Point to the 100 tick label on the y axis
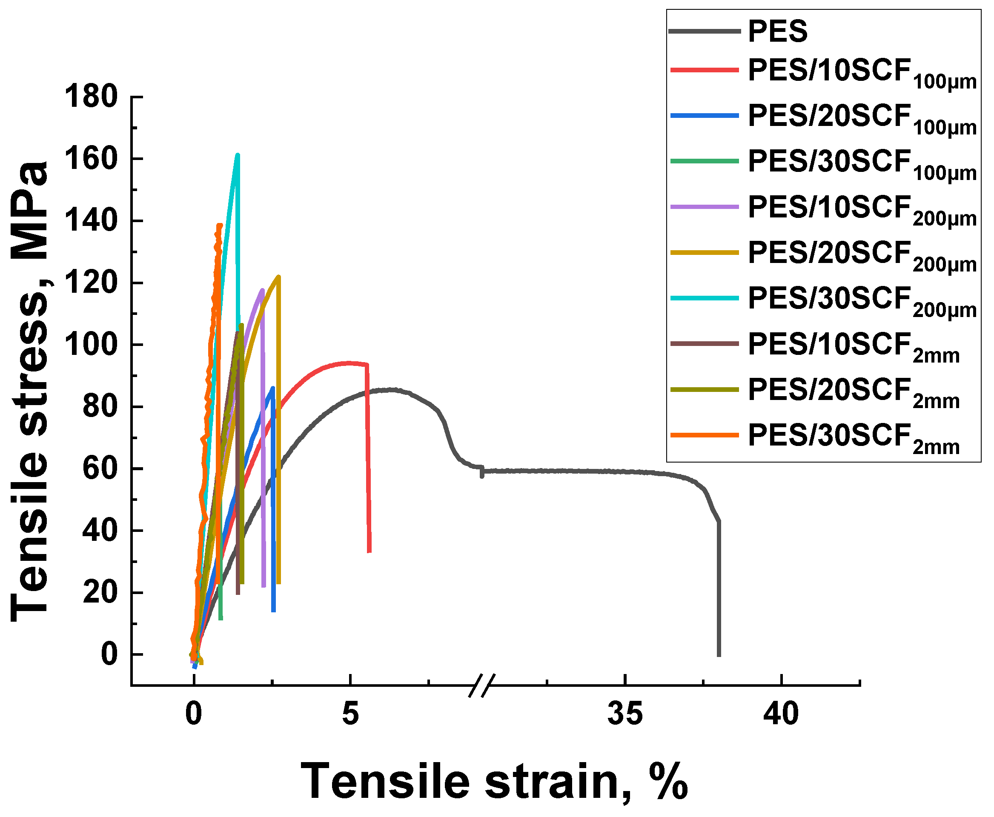click(91, 345)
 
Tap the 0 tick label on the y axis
click(109, 654)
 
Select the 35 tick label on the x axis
click(624, 714)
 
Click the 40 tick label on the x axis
click(781, 714)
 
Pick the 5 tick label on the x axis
click(350, 714)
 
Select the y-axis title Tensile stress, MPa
click(29, 391)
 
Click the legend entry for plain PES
click(777, 31)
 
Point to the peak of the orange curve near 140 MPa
click(219, 226)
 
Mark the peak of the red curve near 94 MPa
click(349, 363)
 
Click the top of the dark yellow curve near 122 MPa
click(279, 277)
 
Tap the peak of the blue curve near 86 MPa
click(272, 388)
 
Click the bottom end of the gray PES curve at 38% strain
click(719, 654)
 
